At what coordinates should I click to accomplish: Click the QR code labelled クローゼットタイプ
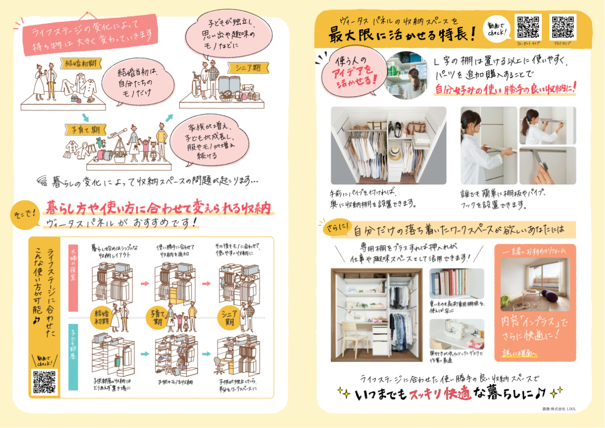[529, 27]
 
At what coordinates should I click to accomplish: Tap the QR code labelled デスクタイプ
[563, 27]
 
